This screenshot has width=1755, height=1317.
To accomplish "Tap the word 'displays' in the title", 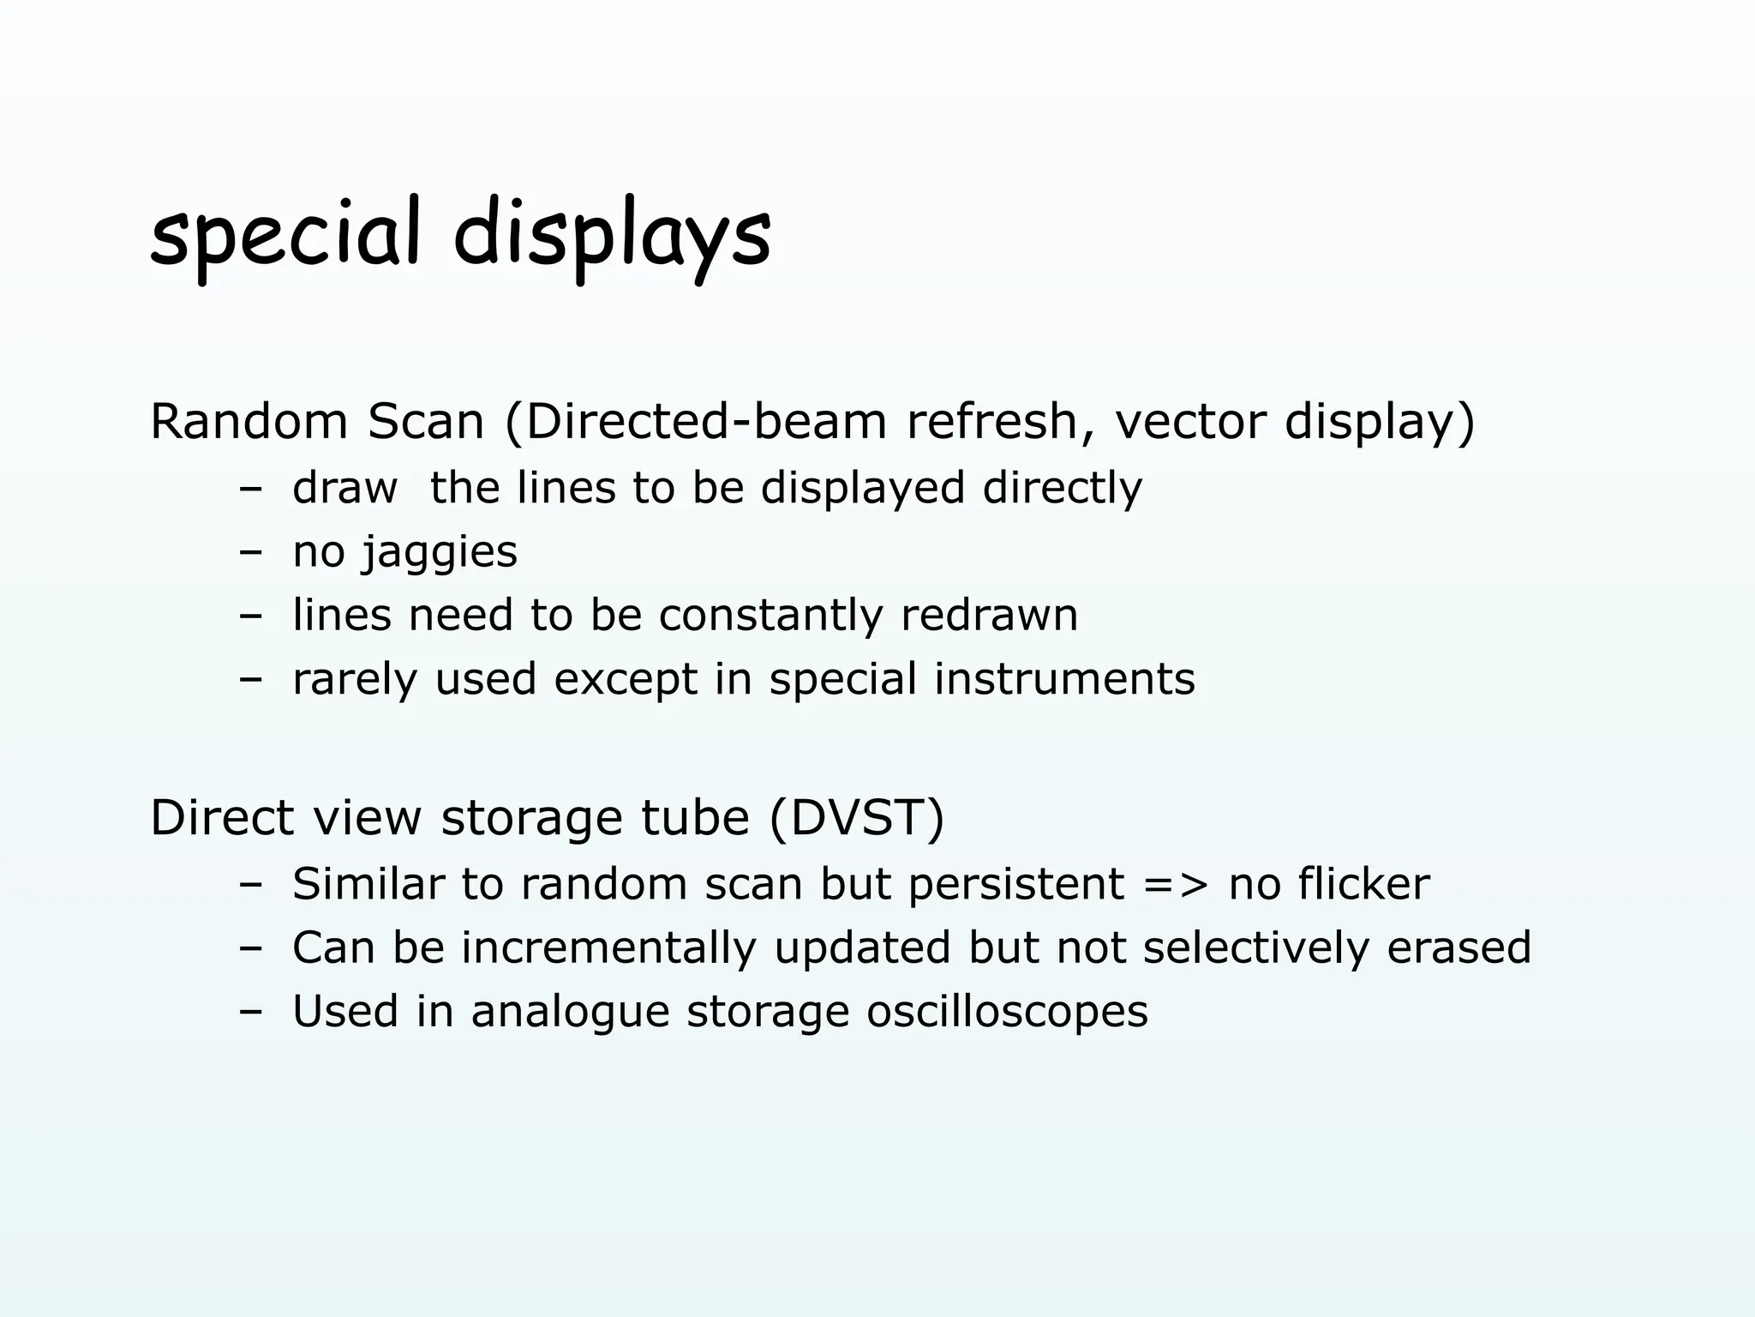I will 612,235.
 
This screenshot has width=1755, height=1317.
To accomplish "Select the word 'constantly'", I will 770,616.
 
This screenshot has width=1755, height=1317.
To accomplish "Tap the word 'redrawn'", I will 989,616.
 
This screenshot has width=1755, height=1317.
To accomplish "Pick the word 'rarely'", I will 355,679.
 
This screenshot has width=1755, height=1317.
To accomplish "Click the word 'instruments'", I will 1063,679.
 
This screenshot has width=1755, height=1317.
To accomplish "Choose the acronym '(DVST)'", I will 857,817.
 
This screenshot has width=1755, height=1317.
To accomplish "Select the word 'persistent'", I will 1015,884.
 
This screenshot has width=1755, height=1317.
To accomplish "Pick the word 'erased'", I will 1459,948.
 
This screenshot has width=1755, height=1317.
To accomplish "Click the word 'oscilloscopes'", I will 1007,1012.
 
